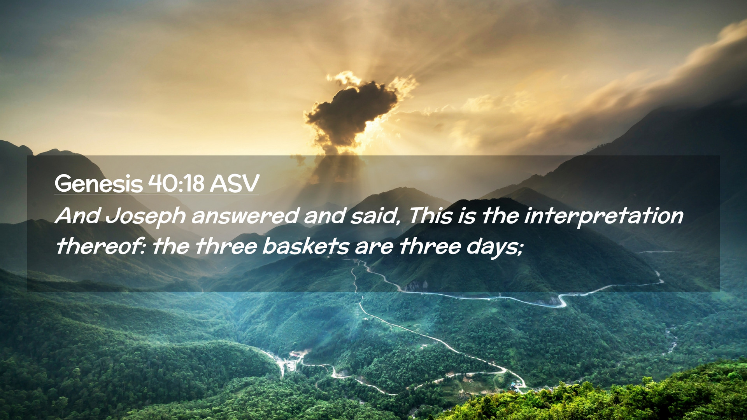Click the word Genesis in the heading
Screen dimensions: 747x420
pyautogui.click(x=99, y=184)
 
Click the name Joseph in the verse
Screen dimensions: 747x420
pyautogui.click(x=146, y=217)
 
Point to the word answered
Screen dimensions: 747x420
pyautogui.click(x=245, y=216)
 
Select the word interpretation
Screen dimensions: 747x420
pyautogui.click(x=603, y=217)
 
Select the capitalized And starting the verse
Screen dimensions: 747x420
pyautogui.click(x=78, y=216)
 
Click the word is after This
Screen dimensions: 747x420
pyautogui.click(x=467, y=216)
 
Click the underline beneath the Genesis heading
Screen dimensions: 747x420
pyautogui.click(x=156, y=194)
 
